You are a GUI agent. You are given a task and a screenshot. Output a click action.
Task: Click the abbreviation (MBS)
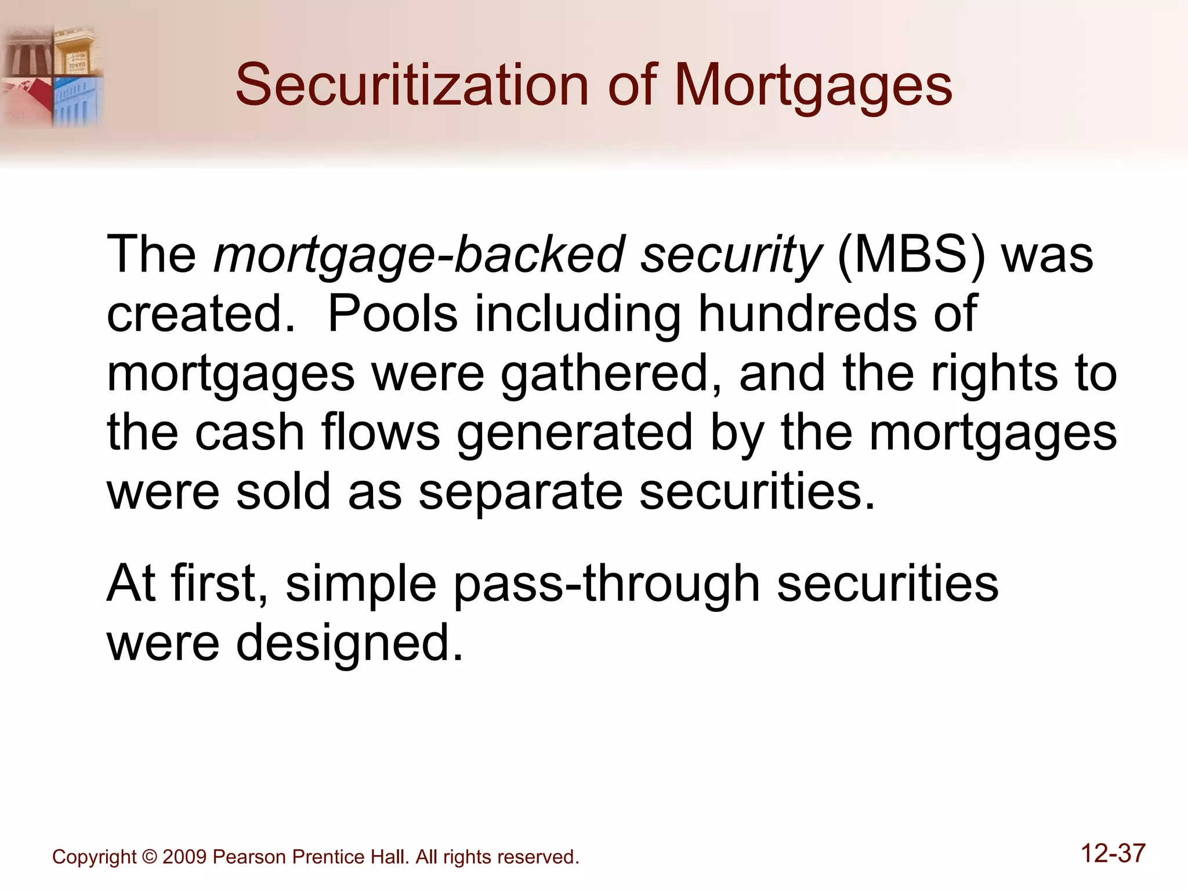click(x=911, y=255)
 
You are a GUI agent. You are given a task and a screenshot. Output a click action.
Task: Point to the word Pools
click(x=393, y=314)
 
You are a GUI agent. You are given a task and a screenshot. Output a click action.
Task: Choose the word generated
click(x=575, y=434)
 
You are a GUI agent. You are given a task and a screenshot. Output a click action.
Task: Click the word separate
click(x=520, y=493)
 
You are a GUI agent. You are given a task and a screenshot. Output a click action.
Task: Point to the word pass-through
click(x=606, y=585)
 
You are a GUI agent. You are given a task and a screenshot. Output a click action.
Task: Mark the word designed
click(x=350, y=644)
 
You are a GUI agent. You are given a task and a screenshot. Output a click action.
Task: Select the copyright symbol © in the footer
click(x=150, y=857)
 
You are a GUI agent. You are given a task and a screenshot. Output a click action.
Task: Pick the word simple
click(x=361, y=585)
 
